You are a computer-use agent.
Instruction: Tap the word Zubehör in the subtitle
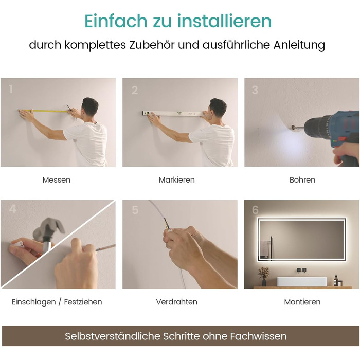tap(152, 45)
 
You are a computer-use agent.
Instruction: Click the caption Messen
tap(57, 180)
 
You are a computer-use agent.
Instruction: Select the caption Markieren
tap(177, 180)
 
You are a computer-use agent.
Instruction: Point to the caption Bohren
tap(302, 180)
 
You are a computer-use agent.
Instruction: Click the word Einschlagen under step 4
tap(34, 302)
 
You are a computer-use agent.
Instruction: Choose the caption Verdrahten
tap(177, 302)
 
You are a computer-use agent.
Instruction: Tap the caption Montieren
tap(302, 302)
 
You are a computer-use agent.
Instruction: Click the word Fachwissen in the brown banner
tap(259, 336)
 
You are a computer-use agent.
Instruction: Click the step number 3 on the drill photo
tap(255, 90)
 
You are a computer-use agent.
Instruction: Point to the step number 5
tap(135, 210)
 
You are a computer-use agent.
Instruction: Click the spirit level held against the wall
tap(173, 113)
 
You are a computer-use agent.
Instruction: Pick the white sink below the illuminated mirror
tap(302, 281)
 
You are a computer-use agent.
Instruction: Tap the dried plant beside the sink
tap(264, 276)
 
